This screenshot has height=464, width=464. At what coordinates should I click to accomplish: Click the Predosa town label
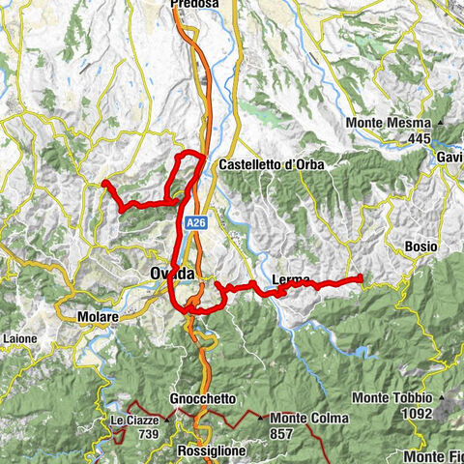195,5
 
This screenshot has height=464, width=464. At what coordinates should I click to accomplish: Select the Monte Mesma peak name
391,124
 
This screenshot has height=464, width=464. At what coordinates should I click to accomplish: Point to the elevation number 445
419,139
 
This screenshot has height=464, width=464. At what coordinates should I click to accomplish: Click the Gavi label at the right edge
449,157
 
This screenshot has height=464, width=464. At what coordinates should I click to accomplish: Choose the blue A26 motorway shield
196,222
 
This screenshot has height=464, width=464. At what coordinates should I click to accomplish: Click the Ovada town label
173,275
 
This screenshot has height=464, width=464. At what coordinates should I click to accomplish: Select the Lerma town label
291,280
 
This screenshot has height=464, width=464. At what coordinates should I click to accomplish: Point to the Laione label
18,339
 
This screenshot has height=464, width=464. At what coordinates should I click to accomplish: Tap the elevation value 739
148,435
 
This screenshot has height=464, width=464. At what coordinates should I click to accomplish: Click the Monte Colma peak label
308,418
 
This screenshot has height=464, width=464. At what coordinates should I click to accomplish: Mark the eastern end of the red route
361,279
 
